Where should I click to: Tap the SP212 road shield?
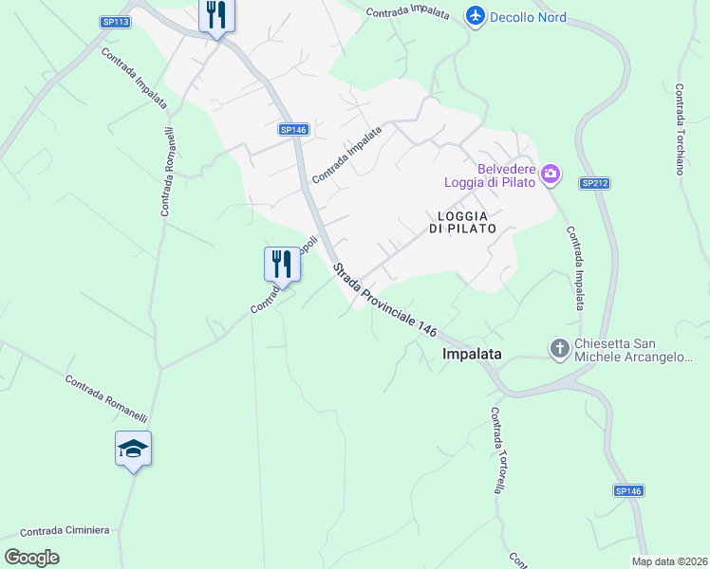tap(593, 183)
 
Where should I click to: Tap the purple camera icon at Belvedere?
tap(551, 174)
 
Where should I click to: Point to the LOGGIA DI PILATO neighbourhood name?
tap(462, 222)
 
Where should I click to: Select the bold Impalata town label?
tap(472, 354)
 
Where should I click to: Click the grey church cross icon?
tap(560, 350)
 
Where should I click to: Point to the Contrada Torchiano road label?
tap(681, 129)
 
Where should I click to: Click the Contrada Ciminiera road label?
tap(65, 530)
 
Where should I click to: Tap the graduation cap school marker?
tap(133, 449)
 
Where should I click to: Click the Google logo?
tap(31, 558)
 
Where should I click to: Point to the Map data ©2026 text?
tap(669, 561)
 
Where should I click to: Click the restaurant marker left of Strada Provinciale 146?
tap(282, 263)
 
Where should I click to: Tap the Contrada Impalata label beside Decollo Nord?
tap(407, 11)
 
